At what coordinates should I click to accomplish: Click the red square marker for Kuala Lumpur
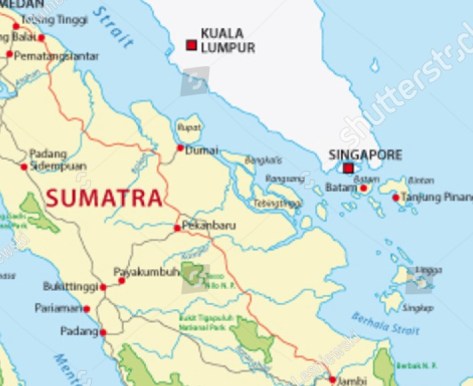[x=191, y=45]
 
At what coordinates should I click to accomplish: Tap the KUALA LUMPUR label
[x=228, y=40]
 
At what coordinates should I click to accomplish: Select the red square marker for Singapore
[x=348, y=169]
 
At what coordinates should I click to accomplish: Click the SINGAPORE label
[x=365, y=155]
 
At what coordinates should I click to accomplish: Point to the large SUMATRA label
[x=103, y=196]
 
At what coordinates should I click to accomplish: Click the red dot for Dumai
[x=181, y=149]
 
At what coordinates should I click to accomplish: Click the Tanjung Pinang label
[x=437, y=197]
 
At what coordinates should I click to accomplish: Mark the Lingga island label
[x=427, y=269]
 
